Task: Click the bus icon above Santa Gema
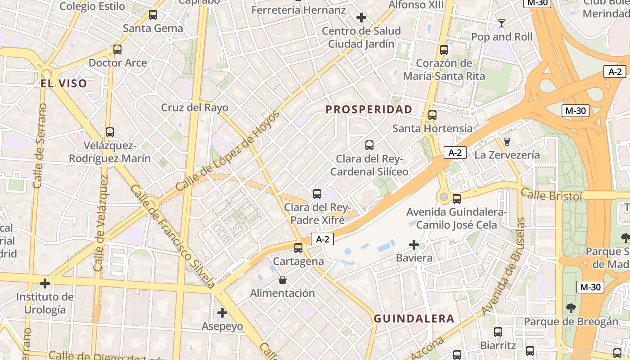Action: pyautogui.click(x=153, y=15)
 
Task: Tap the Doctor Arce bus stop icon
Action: pyautogui.click(x=117, y=49)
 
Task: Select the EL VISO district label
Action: pyautogui.click(x=63, y=83)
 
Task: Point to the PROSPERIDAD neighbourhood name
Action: pyautogui.click(x=369, y=109)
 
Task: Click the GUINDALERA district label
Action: pyautogui.click(x=414, y=319)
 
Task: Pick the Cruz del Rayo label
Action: pyautogui.click(x=195, y=108)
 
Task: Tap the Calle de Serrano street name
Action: pyautogui.click(x=40, y=146)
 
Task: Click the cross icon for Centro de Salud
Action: pyautogui.click(x=361, y=18)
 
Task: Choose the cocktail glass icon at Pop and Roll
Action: pyautogui.click(x=502, y=23)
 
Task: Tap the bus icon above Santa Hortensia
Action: pyautogui.click(x=432, y=115)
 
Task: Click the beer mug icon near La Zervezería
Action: pyautogui.click(x=507, y=141)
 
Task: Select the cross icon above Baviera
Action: pyautogui.click(x=414, y=245)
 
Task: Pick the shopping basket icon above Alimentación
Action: pyautogui.click(x=283, y=280)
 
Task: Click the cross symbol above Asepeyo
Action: pyautogui.click(x=222, y=312)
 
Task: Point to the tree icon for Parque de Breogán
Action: pyautogui.click(x=571, y=308)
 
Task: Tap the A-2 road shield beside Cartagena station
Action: pyautogui.click(x=323, y=239)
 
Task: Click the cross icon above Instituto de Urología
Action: pyautogui.click(x=45, y=283)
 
